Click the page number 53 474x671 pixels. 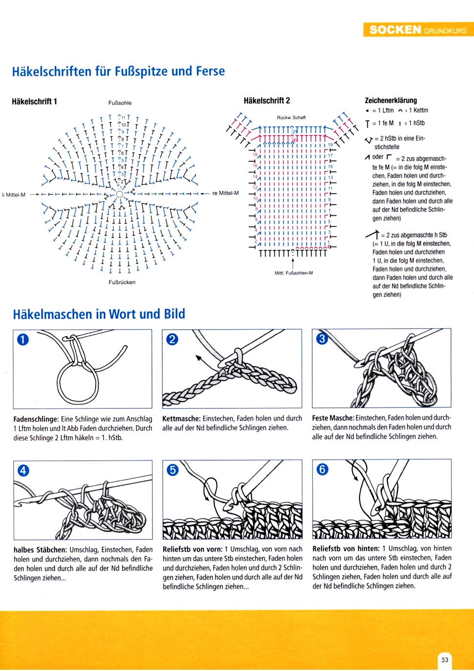point(445,659)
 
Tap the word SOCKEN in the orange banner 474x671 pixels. point(395,29)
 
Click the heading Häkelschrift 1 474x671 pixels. point(34,101)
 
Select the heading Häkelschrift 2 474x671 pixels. point(267,100)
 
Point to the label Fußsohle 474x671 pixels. point(120,103)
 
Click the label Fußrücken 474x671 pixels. point(122,282)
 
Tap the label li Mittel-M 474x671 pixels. point(14,195)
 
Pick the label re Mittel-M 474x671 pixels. point(226,193)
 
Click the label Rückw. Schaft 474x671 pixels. point(291,117)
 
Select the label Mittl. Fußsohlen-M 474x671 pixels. point(294,273)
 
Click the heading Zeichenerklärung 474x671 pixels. point(391,100)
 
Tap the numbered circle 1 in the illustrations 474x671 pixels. point(23,338)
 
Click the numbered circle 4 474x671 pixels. point(23,470)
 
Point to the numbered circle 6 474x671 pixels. point(322,469)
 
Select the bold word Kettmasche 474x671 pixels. point(181,419)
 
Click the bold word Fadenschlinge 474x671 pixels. point(36,419)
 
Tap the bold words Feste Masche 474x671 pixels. point(333,418)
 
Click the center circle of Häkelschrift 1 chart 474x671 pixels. point(119,194)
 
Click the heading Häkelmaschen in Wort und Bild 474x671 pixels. point(99,314)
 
